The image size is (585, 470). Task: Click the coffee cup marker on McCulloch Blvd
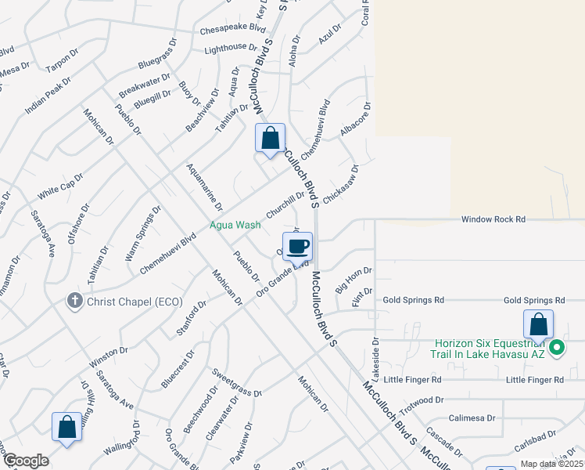pos(297,248)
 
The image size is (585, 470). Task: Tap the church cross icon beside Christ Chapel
pos(74,300)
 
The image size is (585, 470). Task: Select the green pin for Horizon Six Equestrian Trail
pos(557,347)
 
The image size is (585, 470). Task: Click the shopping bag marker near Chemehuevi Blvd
pos(270,139)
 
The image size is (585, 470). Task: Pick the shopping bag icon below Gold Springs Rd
pos(538,325)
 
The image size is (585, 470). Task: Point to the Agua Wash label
pos(235,225)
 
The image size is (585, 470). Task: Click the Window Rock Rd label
pos(493,220)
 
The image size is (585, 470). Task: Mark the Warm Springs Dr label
pos(142,233)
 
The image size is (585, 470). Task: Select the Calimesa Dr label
pos(472,418)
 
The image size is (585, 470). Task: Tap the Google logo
pos(26,461)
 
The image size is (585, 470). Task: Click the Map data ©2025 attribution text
pos(551,464)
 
